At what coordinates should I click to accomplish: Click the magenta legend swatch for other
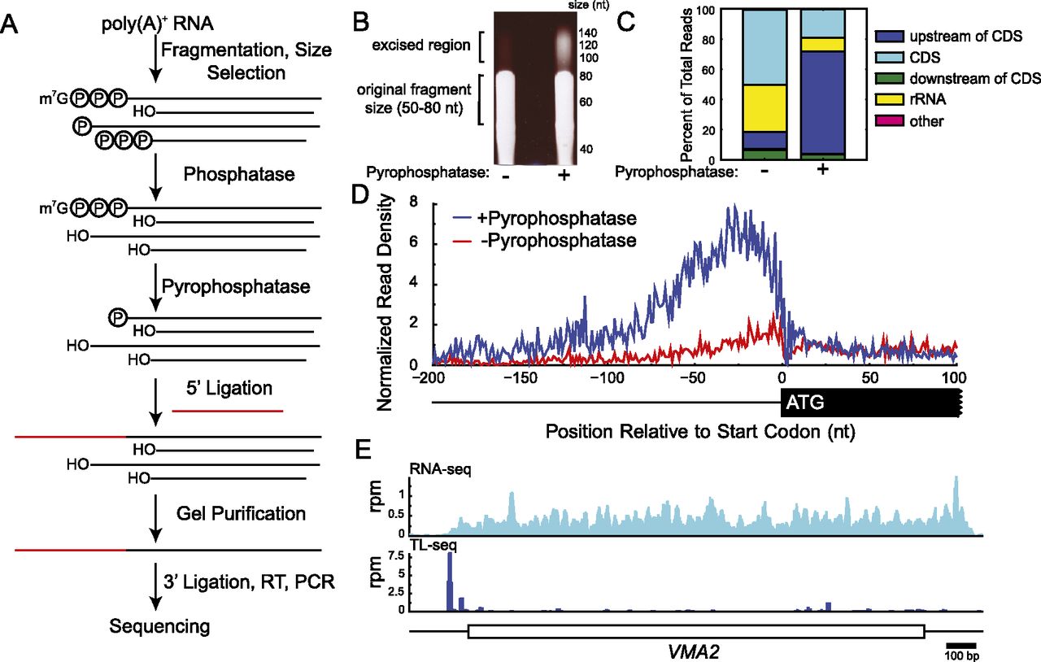pyautogui.click(x=890, y=121)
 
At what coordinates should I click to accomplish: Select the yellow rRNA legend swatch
pyautogui.click(x=890, y=99)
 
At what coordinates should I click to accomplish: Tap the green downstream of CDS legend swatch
pyautogui.click(x=890, y=79)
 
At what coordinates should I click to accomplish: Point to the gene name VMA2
pyautogui.click(x=694, y=651)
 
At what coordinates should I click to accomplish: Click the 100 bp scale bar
pyautogui.click(x=961, y=645)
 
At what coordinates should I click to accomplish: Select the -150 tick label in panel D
pyautogui.click(x=520, y=378)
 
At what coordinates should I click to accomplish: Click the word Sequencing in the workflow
pyautogui.click(x=159, y=627)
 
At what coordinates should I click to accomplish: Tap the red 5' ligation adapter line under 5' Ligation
pyautogui.click(x=227, y=411)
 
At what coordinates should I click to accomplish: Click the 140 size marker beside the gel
pyautogui.click(x=588, y=33)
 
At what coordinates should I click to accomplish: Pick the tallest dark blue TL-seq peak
pyautogui.click(x=450, y=581)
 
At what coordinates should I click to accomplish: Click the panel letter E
pyautogui.click(x=364, y=450)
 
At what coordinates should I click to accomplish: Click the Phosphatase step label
pyautogui.click(x=239, y=174)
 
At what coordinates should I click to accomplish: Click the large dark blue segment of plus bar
pyautogui.click(x=822, y=102)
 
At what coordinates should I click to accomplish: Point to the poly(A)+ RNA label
pyautogui.click(x=158, y=24)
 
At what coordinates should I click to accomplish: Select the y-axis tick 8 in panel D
pyautogui.click(x=413, y=202)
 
